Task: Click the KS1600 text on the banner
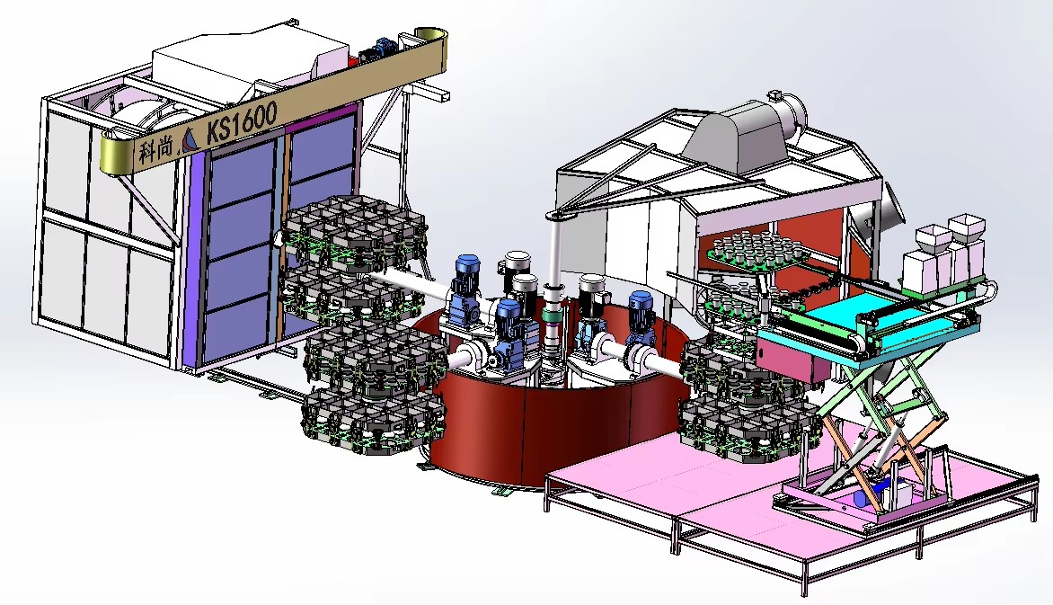242,123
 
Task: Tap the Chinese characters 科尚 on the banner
155,148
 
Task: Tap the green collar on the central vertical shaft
554,316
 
